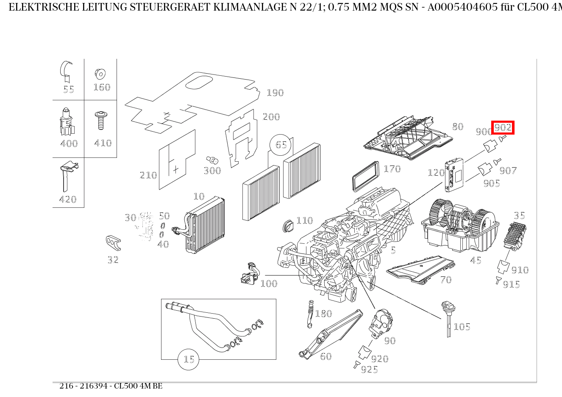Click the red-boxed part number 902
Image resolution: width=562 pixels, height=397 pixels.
(503, 127)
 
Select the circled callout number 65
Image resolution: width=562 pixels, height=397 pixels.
(281, 145)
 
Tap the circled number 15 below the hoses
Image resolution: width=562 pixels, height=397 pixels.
(189, 359)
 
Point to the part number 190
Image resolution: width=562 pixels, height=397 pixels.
(275, 93)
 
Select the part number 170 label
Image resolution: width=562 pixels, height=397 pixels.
(392, 169)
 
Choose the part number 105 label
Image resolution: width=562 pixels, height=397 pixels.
(462, 327)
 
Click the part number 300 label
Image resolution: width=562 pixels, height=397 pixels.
(212, 171)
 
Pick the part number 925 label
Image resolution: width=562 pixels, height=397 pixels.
(369, 369)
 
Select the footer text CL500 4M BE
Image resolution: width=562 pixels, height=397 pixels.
(138, 386)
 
